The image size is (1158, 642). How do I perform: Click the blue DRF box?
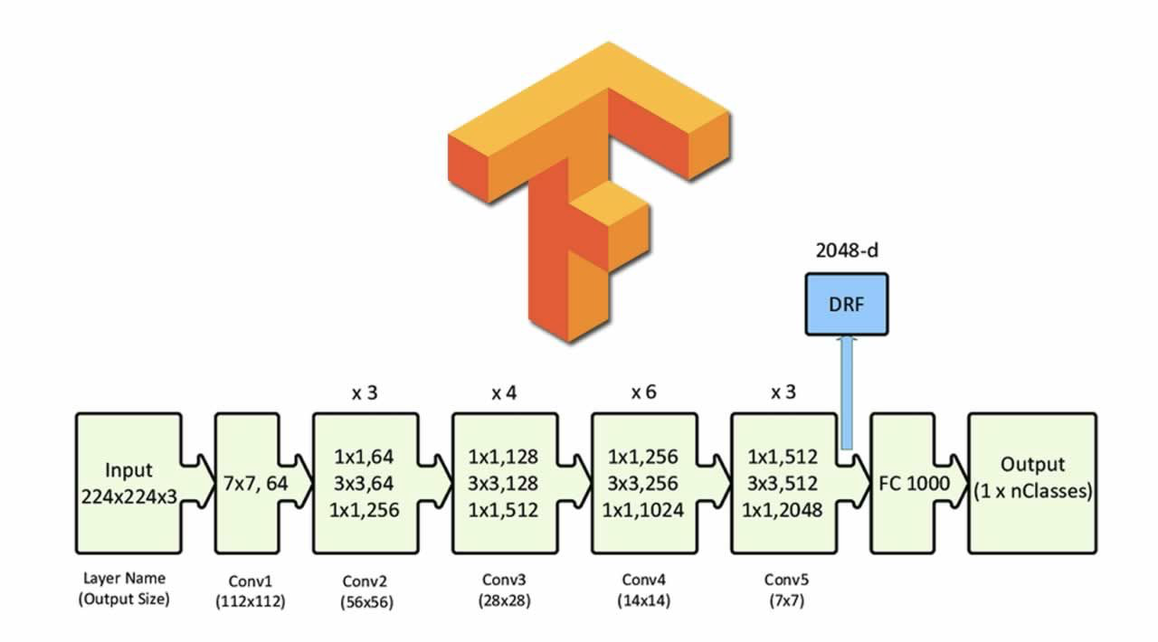point(847,305)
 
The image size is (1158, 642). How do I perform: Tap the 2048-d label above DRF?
point(847,250)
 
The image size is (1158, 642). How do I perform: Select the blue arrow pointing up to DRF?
point(846,392)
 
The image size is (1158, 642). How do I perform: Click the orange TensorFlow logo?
point(589,193)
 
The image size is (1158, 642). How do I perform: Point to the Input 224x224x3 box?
point(129,484)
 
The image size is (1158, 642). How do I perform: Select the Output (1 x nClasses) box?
point(1032,484)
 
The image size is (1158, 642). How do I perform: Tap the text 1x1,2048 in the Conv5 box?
point(783,511)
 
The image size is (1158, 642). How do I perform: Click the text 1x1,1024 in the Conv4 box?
point(642,511)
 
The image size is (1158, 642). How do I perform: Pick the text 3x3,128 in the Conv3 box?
point(503,484)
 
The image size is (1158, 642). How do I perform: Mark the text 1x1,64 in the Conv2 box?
point(364,457)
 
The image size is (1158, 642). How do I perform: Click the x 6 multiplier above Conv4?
point(643,392)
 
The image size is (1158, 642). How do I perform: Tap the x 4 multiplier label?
point(504,392)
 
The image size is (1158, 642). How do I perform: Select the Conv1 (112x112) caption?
point(251,591)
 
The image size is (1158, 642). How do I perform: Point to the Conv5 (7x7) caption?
point(786,590)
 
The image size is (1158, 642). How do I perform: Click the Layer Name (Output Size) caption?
point(124,589)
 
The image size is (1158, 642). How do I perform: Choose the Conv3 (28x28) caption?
point(504,590)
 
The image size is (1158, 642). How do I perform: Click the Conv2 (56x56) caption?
point(366,591)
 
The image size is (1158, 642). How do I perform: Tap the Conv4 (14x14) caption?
point(643,590)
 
